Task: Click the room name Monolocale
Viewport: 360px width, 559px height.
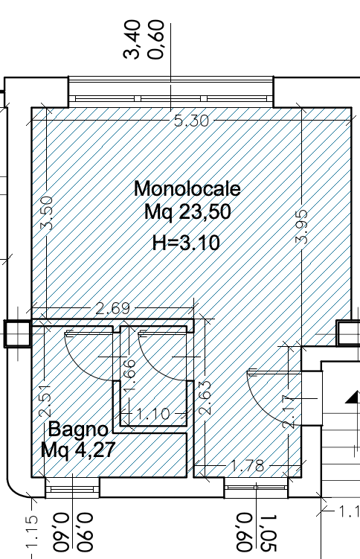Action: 187,189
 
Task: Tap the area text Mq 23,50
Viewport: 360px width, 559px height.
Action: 187,211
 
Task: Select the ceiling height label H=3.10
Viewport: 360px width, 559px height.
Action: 186,243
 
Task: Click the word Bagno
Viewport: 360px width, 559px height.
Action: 78,430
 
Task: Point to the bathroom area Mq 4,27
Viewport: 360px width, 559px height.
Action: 78,450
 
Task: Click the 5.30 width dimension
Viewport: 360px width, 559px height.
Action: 192,121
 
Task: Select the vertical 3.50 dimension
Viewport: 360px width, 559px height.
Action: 47,213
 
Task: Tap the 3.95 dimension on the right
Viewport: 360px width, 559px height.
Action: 301,227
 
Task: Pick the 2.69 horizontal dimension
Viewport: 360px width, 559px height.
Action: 113,307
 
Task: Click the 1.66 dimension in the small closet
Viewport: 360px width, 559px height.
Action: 129,374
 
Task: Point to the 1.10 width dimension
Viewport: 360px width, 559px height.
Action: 153,414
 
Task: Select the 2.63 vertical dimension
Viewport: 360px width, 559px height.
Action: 205,398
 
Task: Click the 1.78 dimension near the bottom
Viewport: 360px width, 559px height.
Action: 248,466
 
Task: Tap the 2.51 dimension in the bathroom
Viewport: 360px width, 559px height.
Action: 45,400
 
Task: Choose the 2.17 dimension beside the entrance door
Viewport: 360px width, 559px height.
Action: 288,412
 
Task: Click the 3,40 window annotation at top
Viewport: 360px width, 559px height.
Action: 132,39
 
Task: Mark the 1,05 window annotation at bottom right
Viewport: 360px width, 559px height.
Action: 269,533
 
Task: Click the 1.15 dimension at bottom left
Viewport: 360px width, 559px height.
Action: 32,531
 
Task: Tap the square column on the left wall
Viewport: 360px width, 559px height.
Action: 17,333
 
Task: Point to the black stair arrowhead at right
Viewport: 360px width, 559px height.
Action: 353,397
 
